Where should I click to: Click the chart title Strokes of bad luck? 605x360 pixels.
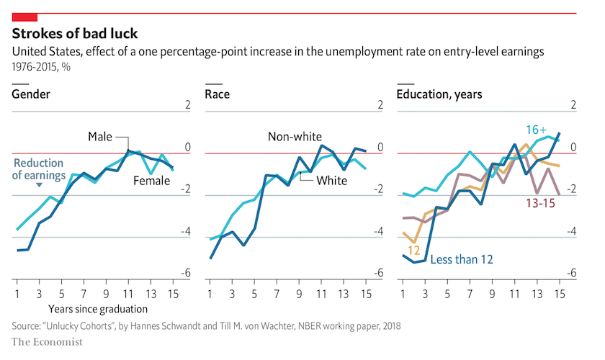click(75, 34)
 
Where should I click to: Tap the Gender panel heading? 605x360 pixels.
click(30, 94)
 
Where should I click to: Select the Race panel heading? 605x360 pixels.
click(218, 94)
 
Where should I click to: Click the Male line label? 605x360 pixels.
click(100, 137)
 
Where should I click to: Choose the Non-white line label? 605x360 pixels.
click(295, 137)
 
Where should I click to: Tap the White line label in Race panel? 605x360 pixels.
click(331, 180)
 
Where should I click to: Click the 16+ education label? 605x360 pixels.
click(536, 130)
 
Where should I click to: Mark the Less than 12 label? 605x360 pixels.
click(461, 258)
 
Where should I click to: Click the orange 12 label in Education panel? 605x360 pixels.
click(413, 250)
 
